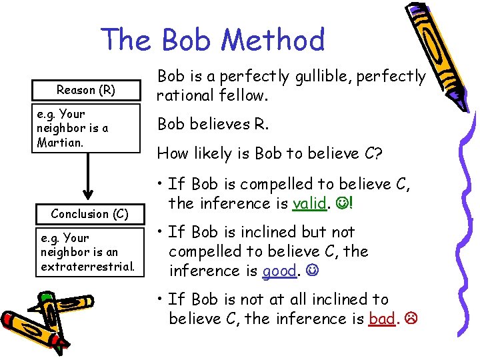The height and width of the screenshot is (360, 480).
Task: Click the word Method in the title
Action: tap(273, 40)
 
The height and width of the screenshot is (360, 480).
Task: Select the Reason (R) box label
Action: tap(86, 90)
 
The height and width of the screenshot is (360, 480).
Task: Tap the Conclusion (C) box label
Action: tap(89, 214)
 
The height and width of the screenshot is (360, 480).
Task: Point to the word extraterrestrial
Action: tap(88, 267)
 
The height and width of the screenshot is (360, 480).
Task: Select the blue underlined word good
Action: tap(279, 271)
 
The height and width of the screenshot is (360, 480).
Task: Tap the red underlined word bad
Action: tap(382, 319)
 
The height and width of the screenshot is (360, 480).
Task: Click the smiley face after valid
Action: tap(341, 203)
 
